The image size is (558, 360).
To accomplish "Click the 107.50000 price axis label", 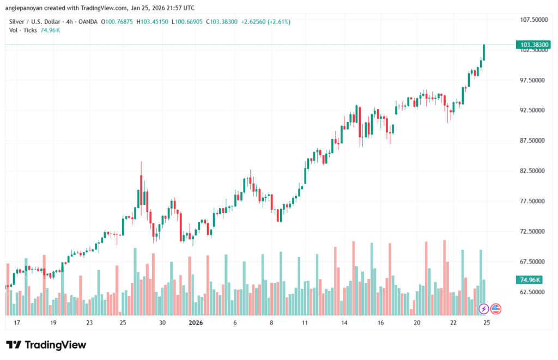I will coord(531,20).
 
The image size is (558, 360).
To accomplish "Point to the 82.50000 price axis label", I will coord(531,171).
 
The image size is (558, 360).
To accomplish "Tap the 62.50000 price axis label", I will coord(531,292).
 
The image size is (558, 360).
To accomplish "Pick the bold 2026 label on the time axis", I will coord(196,322).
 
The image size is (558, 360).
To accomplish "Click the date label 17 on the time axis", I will coord(17,322).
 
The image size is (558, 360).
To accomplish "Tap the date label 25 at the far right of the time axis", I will coord(487,322).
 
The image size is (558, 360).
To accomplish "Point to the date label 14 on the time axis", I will coord(344,322).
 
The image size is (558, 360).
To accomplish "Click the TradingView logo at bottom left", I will coord(46,345).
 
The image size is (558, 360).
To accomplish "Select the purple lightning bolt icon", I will coord(484,309).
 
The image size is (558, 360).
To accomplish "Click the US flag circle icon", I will coord(496,309).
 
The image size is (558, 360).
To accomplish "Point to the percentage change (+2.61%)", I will coord(278,22).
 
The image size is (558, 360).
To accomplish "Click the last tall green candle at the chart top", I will coord(484,52).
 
